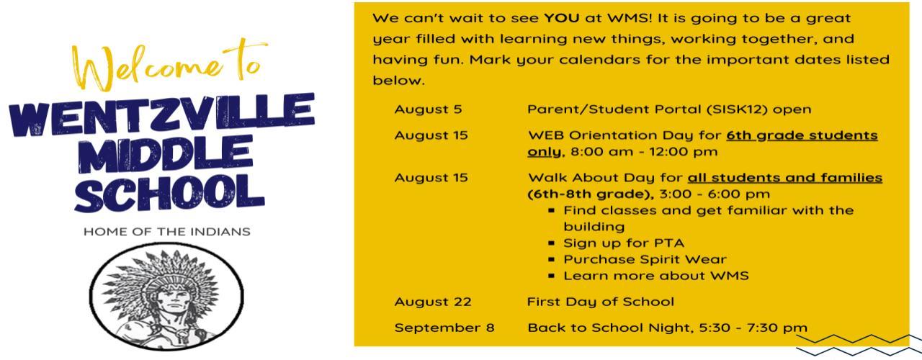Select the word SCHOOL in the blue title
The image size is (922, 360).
point(169,194)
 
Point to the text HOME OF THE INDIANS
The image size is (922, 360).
point(166,232)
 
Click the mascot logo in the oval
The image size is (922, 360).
point(166,296)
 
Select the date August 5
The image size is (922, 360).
point(428,109)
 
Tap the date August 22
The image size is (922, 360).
point(433,302)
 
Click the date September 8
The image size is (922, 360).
point(444,328)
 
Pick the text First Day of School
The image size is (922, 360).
point(601,302)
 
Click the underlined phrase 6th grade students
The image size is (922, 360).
point(802,135)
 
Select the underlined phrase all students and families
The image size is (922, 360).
point(785,178)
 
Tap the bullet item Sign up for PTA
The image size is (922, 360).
point(624,243)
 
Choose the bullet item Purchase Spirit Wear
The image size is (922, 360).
point(645,260)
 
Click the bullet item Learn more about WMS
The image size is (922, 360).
point(656,276)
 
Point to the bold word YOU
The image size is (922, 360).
point(561,18)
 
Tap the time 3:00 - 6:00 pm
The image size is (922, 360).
point(715,194)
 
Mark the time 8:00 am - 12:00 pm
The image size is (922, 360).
point(644,152)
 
